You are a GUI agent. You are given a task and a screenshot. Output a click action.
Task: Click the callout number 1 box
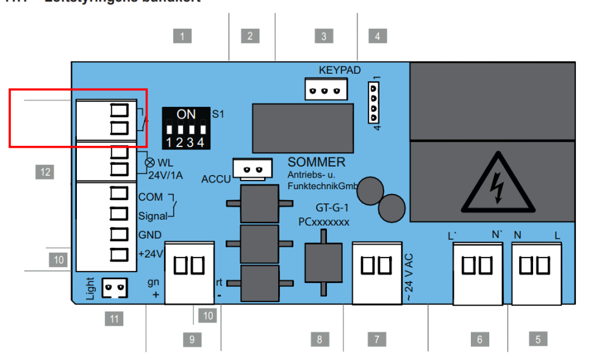click(x=182, y=36)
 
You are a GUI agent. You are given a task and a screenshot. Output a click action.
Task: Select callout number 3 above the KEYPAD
click(x=324, y=36)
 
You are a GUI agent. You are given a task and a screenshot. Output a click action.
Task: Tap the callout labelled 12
click(x=44, y=172)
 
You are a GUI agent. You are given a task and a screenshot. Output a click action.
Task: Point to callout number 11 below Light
click(x=113, y=318)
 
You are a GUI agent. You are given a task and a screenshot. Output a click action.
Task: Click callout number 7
click(x=377, y=339)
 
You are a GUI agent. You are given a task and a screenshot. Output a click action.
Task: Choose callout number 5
click(x=537, y=339)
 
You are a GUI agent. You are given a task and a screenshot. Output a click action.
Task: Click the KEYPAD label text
click(x=340, y=70)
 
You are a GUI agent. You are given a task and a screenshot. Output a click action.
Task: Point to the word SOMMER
click(x=316, y=162)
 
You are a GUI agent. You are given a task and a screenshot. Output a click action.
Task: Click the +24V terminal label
click(x=150, y=254)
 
